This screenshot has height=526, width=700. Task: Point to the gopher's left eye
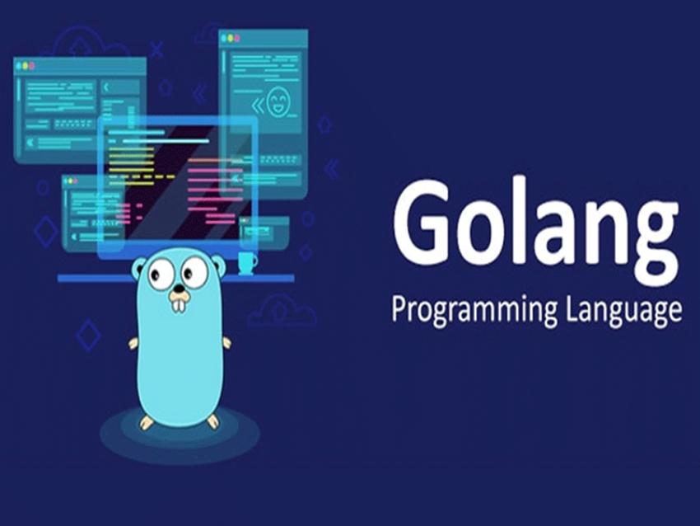(162, 273)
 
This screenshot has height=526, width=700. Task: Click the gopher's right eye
(196, 271)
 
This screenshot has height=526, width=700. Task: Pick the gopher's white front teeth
(179, 303)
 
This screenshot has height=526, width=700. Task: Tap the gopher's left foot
(147, 421)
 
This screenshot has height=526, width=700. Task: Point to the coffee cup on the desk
(246, 263)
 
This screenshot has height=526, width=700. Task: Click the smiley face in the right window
(278, 101)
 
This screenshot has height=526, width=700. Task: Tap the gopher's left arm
(133, 343)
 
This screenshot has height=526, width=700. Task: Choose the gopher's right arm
(226, 341)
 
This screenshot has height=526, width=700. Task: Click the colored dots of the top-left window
(27, 65)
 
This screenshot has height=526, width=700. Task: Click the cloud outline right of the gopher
(282, 311)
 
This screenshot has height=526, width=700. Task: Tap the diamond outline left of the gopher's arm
(88, 335)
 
